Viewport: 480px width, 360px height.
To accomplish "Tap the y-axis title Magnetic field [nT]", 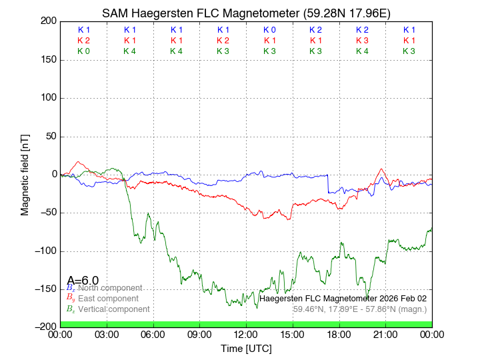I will pyautogui.click(x=25, y=173).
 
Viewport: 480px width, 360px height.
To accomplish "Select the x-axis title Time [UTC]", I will pyautogui.click(x=246, y=349).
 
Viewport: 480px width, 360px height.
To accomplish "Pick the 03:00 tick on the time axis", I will pyautogui.click(x=107, y=334).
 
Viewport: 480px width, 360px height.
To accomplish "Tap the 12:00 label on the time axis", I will pyautogui.click(x=246, y=334).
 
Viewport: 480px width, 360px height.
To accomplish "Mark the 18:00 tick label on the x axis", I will pyautogui.click(x=339, y=334).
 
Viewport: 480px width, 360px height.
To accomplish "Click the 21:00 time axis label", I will pyautogui.click(x=385, y=334).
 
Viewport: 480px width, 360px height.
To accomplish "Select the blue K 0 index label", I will pyautogui.click(x=269, y=30).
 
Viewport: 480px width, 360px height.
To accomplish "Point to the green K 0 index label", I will pyautogui.click(x=83, y=51).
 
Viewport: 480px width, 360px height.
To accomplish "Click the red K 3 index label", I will pyautogui.click(x=362, y=41).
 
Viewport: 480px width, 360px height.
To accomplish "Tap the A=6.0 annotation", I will pyautogui.click(x=83, y=280).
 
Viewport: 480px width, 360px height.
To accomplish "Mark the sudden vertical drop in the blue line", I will pyautogui.click(x=328, y=184).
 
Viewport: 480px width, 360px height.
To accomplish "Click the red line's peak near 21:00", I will pyautogui.click(x=381, y=169).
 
